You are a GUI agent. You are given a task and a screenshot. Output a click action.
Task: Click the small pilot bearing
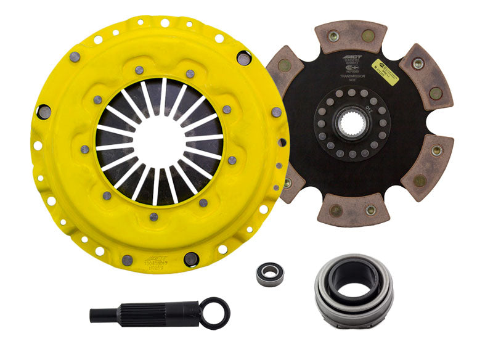270,272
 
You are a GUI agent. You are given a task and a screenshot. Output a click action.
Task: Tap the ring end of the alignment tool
216,313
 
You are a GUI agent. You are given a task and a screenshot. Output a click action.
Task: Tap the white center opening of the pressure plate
160,140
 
